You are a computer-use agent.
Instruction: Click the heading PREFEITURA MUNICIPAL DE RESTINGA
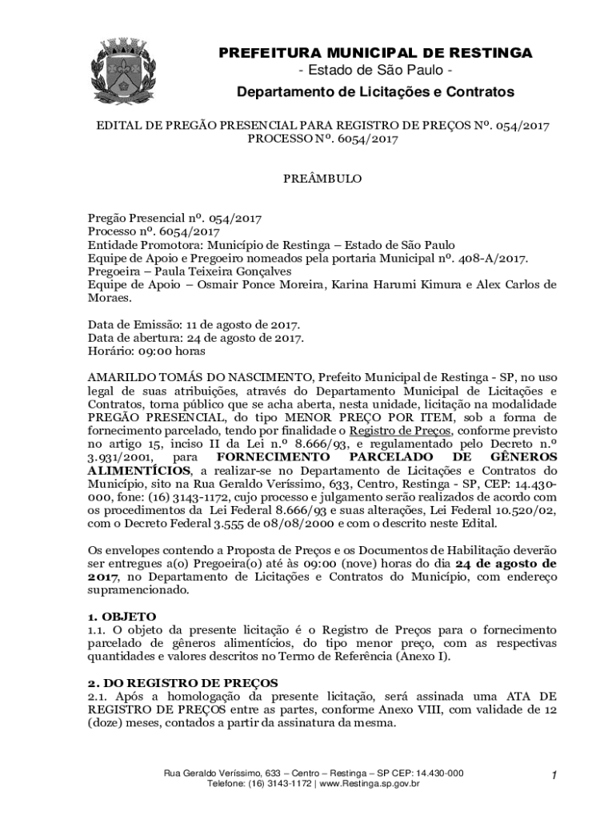point(375,53)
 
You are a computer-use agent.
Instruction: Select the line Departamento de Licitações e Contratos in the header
point(375,93)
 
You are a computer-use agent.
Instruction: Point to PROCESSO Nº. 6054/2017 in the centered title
point(322,139)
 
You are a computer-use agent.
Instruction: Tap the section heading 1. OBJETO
point(122,617)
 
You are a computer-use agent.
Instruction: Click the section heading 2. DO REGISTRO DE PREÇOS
point(182,682)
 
